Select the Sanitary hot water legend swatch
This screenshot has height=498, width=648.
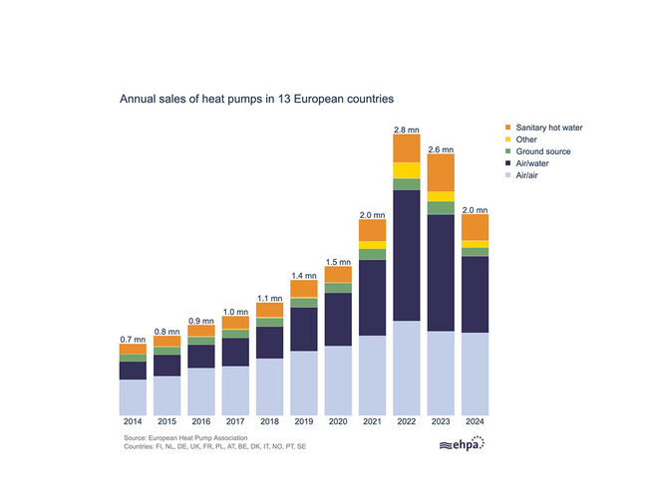pos(508,127)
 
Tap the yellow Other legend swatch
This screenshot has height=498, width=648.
pos(508,139)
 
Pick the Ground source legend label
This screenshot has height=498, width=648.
pos(544,151)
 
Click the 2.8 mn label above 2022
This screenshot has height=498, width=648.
pos(406,128)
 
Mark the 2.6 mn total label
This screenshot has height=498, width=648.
pos(440,149)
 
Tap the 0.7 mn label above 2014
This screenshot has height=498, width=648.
pos(133,340)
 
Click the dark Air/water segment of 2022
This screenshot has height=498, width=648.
pos(406,254)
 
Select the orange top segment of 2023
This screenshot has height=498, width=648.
pos(440,172)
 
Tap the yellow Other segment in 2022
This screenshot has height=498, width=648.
pos(406,170)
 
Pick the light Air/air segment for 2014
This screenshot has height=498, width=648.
pos(133,397)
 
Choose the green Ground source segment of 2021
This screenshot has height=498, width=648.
pos(372,254)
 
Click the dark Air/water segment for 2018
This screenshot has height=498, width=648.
pos(269,342)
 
